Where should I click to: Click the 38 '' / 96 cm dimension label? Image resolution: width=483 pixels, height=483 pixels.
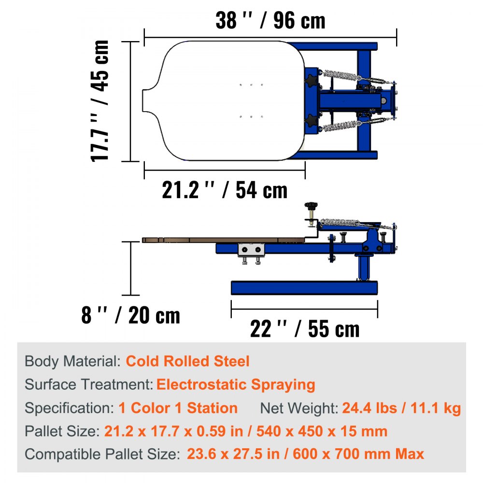(270, 20)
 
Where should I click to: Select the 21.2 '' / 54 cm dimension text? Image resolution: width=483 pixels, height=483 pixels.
(225, 190)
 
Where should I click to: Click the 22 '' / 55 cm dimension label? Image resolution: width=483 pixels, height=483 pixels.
(304, 329)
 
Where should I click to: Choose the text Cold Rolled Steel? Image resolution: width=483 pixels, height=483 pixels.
(188, 361)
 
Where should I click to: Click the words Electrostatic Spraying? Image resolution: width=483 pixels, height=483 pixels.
(236, 385)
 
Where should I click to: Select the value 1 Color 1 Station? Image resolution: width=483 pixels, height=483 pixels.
(178, 408)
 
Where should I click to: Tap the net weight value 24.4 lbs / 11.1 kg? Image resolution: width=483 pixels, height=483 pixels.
(401, 409)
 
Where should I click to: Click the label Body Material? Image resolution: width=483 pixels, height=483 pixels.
(72, 361)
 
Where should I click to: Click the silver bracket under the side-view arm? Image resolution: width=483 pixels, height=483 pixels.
(251, 250)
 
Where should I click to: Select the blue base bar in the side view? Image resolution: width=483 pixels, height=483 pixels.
(304, 288)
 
